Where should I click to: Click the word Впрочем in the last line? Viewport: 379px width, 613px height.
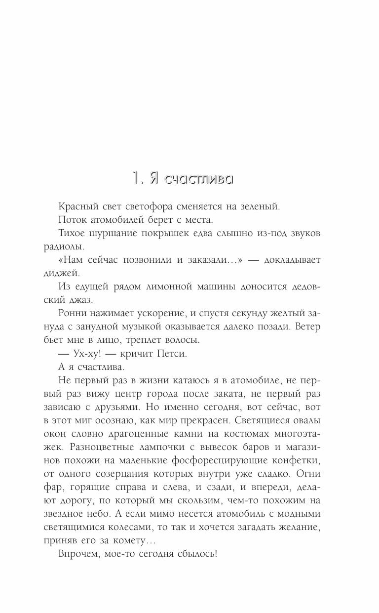(x=75, y=554)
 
